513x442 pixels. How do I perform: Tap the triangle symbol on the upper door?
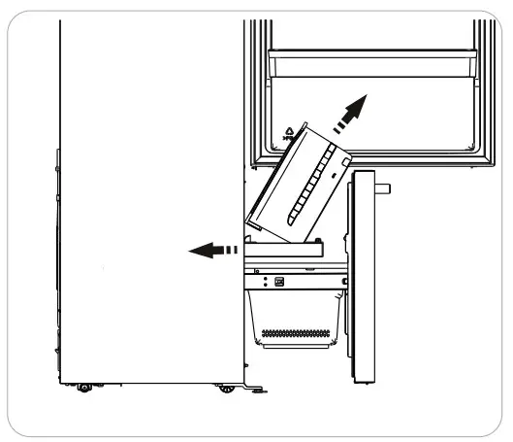point(290,130)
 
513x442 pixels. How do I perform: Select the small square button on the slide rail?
point(279,282)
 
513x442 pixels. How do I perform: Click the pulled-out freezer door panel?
point(363,277)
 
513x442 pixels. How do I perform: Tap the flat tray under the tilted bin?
point(291,251)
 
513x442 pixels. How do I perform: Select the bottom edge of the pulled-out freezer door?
point(363,381)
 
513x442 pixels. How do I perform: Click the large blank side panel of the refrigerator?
point(145,194)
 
